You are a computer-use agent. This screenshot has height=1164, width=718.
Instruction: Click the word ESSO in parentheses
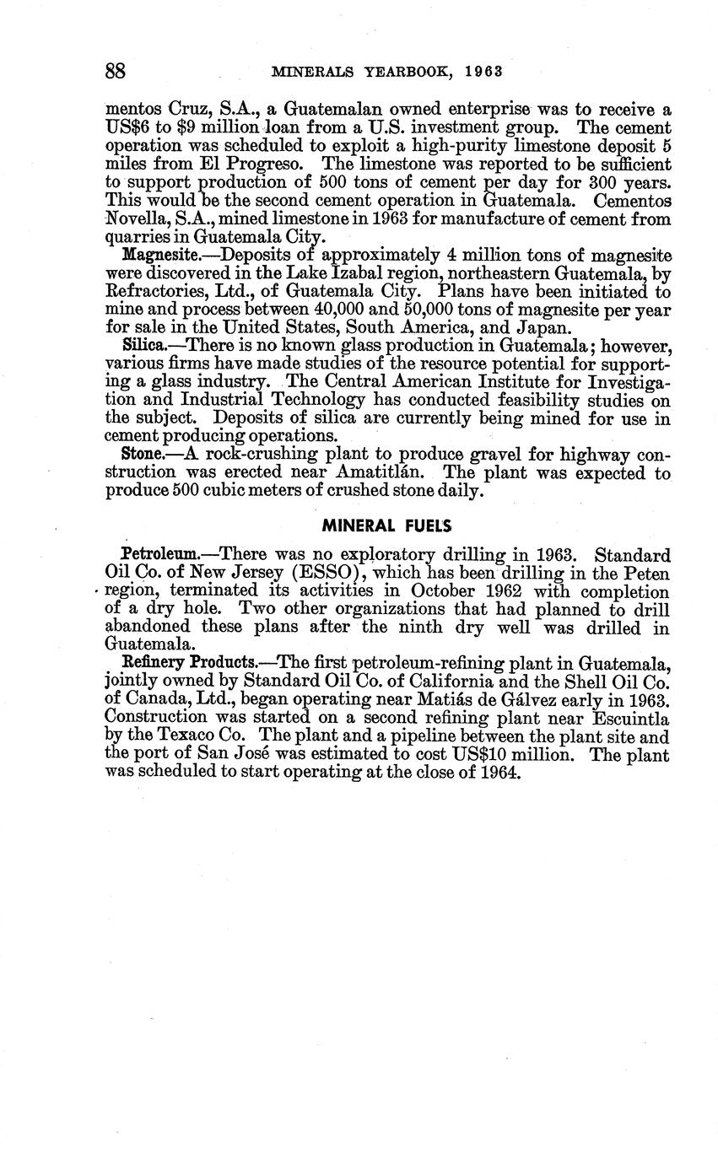pyautogui.click(x=321, y=573)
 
